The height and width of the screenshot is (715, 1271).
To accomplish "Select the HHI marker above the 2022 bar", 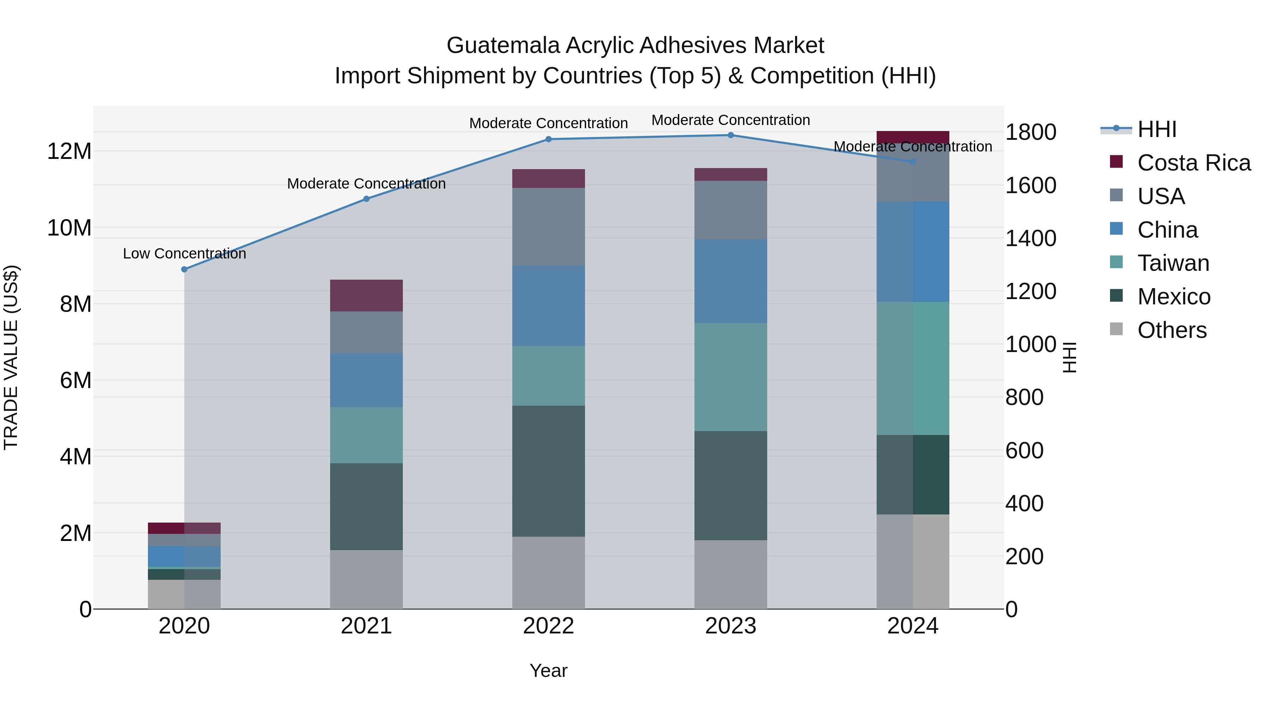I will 548,139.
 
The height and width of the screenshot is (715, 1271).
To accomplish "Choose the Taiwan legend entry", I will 1173,263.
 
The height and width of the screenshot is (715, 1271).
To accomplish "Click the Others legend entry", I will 1171,330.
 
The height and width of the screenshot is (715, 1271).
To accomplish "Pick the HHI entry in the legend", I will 1157,129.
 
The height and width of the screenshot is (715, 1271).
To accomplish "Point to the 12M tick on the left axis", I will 69,151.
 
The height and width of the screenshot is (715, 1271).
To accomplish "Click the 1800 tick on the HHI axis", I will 1031,132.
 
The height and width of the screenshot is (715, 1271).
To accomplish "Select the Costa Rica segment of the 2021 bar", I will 366,295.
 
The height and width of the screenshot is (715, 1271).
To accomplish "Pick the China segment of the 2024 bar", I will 912,252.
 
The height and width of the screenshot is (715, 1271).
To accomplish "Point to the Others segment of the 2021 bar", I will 366,579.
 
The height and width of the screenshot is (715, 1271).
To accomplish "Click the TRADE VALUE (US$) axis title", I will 11,357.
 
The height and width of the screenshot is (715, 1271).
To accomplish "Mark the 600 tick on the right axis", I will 1024,451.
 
